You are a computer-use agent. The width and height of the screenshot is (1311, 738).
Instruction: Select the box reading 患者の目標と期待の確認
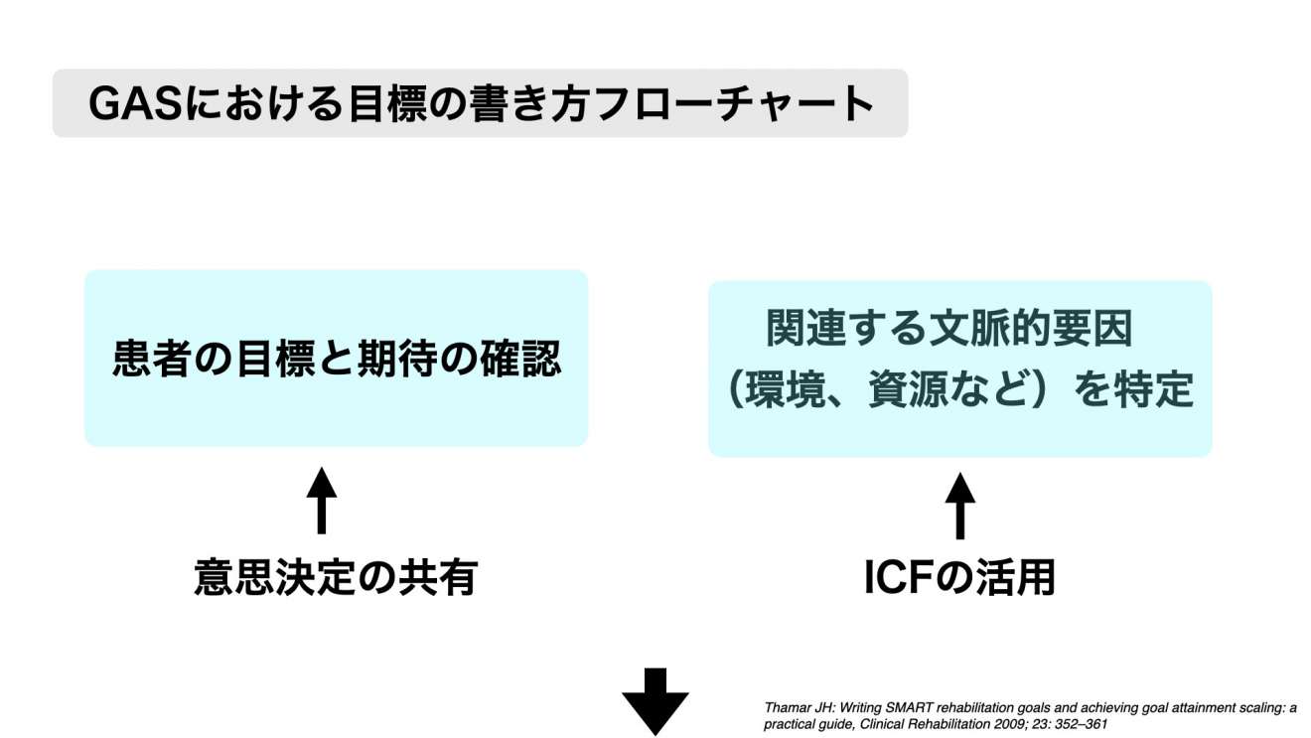click(336, 359)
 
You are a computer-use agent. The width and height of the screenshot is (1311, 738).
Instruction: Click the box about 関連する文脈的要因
click(959, 369)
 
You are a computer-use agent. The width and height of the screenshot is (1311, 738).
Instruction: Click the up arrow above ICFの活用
click(959, 506)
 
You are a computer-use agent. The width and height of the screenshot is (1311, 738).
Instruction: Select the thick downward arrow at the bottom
click(655, 701)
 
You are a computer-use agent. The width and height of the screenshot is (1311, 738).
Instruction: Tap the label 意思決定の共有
click(336, 577)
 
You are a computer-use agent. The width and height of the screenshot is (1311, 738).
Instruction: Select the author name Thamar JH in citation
click(801, 708)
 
